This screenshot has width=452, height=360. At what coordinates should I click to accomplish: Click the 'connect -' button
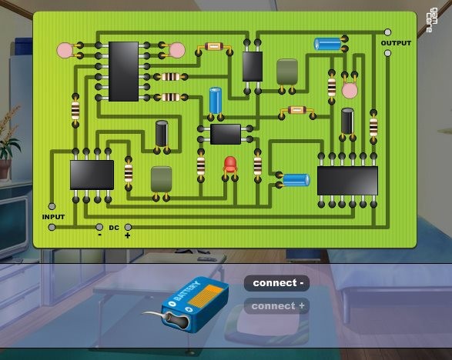pyautogui.click(x=276, y=283)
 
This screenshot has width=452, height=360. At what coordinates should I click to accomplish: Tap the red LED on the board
pyautogui.click(x=230, y=165)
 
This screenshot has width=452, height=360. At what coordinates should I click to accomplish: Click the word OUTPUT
pyautogui.click(x=396, y=43)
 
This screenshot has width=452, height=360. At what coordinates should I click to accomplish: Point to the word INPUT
pyautogui.click(x=53, y=217)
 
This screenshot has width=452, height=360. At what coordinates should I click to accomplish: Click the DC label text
pyautogui.click(x=114, y=228)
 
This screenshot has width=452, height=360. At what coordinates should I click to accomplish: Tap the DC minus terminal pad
pyautogui.click(x=99, y=227)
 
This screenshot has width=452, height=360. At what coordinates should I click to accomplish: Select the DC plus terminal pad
pyautogui.click(x=128, y=227)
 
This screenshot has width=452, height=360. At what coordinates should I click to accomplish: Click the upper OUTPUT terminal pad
pyautogui.click(x=388, y=32)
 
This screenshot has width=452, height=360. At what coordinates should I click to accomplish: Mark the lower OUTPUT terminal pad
pyautogui.click(x=388, y=53)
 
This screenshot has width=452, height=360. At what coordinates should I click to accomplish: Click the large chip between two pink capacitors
pyautogui.click(x=123, y=72)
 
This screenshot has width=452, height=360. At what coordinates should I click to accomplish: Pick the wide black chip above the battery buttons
pyautogui.click(x=347, y=181)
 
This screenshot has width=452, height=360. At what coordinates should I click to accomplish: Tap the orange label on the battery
pyautogui.click(x=206, y=296)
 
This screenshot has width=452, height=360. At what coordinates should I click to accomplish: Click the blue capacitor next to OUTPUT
pyautogui.click(x=327, y=44)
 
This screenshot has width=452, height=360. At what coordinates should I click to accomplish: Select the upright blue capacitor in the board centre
pyautogui.click(x=216, y=101)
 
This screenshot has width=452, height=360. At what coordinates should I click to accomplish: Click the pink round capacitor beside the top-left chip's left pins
pyautogui.click(x=65, y=50)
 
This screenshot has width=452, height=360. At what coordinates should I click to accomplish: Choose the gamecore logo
pyautogui.click(x=433, y=20)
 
